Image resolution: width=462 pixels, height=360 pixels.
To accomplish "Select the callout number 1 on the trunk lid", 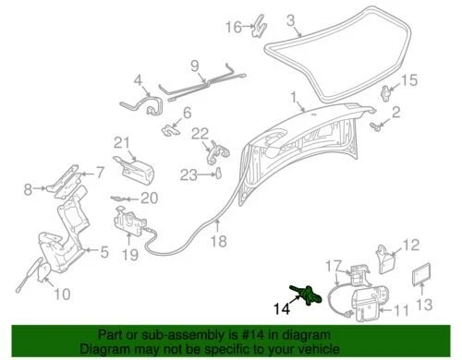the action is click(x=293, y=97).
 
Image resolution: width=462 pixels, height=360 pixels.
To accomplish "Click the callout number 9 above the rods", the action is click(x=195, y=65).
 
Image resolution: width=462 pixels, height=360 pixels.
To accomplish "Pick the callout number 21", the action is click(x=120, y=141).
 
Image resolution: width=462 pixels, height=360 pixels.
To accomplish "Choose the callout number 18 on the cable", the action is click(x=218, y=243).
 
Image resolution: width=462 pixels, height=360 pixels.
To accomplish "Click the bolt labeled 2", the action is click(x=377, y=120).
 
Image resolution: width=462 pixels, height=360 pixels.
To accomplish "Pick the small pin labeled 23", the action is click(x=218, y=174).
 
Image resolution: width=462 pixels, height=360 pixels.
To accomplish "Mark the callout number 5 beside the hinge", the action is click(x=104, y=250).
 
